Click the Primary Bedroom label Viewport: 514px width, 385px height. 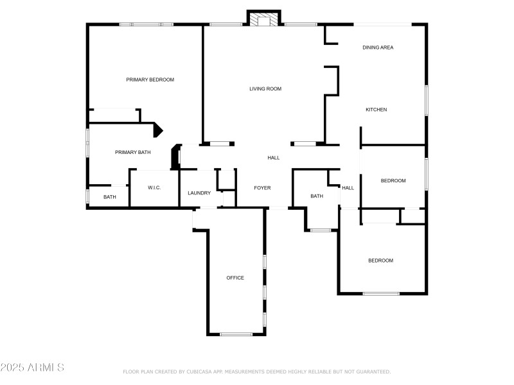click(150, 80)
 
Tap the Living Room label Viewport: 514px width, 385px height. click(265, 89)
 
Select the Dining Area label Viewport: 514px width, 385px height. click(378, 47)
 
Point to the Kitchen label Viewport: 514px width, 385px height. click(376, 110)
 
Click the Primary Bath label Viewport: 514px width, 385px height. click(133, 152)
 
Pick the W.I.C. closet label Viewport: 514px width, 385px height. click(154, 187)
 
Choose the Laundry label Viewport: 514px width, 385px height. click(199, 193)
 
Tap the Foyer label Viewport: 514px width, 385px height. click(262, 188)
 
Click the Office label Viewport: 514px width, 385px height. click(235, 278)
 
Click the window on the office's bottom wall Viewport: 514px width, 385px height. click(236, 334)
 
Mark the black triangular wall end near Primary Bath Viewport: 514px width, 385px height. click(158, 130)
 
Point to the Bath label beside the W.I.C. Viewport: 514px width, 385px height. click(109, 197)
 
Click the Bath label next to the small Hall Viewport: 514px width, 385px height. click(317, 196)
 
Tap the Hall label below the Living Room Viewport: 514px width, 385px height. click(274, 158)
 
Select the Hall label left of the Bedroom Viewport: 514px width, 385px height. click(348, 188)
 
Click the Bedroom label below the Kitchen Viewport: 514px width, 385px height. click(393, 181)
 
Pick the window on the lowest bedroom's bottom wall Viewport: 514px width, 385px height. click(381, 294)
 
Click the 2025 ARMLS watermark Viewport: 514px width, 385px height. click(32, 367)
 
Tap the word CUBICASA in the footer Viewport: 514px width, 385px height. click(199, 372)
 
